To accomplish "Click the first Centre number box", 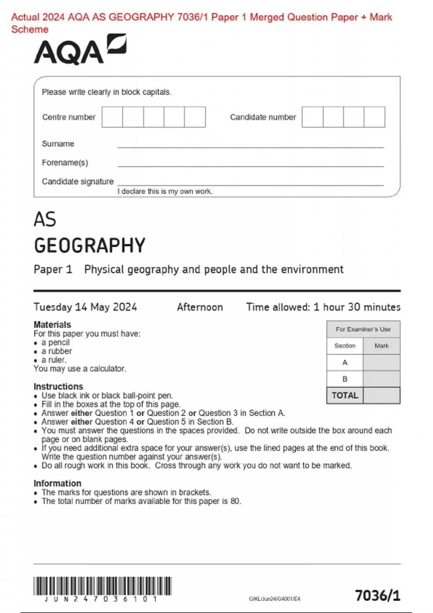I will click(112, 117).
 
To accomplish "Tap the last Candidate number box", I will click(374, 117).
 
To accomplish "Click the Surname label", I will click(58, 144).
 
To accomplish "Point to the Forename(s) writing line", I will click(250, 166).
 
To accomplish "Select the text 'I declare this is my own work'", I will click(165, 191).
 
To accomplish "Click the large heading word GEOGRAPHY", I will click(89, 246).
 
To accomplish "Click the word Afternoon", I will click(200, 307).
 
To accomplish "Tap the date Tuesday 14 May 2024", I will click(85, 307).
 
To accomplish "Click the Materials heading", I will click(52, 325).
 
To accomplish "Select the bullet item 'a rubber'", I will click(57, 351).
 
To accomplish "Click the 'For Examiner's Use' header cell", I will click(363, 329).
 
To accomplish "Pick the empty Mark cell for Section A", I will click(381, 362).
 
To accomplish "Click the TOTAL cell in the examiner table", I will click(345, 396).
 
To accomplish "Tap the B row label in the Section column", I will click(345, 379).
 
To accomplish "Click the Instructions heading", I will click(58, 387).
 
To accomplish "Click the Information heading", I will click(57, 483).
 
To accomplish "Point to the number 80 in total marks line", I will click(235, 501).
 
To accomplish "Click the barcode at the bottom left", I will click(102, 586).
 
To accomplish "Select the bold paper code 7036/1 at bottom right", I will click(377, 595).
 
